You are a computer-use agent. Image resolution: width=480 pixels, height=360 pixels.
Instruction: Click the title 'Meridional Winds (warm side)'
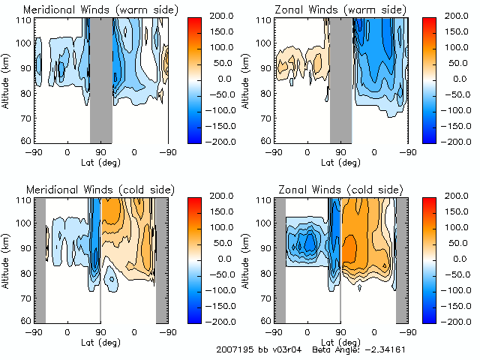point(91,10)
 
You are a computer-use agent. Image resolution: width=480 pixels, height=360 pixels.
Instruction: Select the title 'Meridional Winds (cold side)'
point(91,190)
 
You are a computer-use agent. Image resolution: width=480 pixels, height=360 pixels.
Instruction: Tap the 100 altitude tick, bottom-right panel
point(265,223)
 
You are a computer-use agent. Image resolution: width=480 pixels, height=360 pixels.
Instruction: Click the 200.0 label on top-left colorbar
point(225,16)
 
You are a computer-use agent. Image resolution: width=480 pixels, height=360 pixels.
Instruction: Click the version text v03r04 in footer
point(289,349)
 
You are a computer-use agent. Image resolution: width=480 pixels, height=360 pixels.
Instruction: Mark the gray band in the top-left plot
point(100,79)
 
